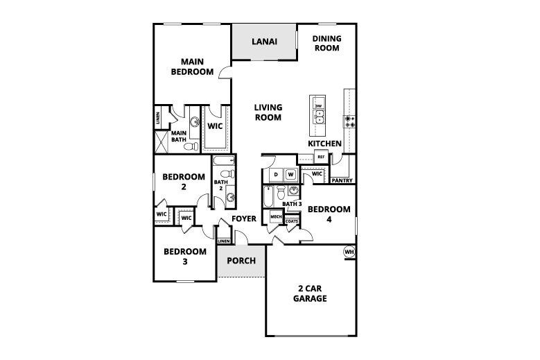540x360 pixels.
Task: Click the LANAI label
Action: coord(265,42)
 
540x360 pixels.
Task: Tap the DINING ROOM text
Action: coord(326,44)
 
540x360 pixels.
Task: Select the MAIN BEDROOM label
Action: coord(192,66)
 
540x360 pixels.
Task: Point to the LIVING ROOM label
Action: coord(268,112)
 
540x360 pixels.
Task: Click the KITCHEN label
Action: coord(325,144)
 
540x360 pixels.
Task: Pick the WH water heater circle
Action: coord(349,251)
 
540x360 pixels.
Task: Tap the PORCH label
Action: coord(241,261)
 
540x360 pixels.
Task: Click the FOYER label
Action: coord(244,219)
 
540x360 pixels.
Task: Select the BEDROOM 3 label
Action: coord(185,256)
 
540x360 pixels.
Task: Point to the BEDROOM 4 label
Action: coord(329,214)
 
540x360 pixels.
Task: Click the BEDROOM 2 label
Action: coord(184,182)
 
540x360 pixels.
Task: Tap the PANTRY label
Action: coord(342,180)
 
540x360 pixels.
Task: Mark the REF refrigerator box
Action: coord(321,157)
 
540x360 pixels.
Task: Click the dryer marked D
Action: coord(276,173)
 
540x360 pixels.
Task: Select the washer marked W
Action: coord(291,173)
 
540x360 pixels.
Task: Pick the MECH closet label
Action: coord(275,217)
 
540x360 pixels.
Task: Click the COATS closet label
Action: coord(292,221)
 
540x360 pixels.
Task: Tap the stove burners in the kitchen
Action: coord(350,122)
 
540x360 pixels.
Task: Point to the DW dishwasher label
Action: coord(319,105)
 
